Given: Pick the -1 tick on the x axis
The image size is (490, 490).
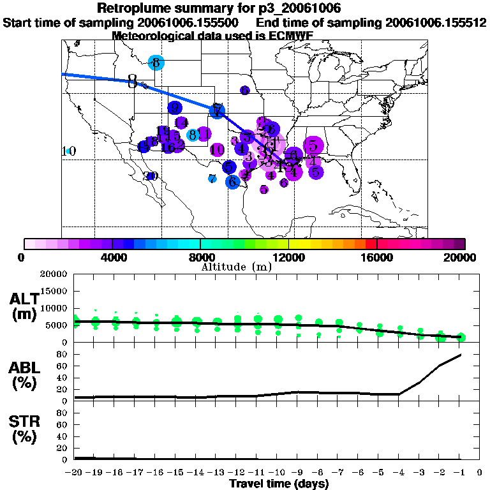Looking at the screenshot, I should [x=460, y=473].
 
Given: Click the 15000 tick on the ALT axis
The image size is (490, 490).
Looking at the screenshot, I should [x=54, y=291].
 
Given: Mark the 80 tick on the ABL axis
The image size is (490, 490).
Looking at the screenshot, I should [x=62, y=354].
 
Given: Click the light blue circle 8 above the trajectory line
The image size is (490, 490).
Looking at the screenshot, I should [x=156, y=63].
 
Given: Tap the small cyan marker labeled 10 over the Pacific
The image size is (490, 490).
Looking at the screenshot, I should [x=68, y=151].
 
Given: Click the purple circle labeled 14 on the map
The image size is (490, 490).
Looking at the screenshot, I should [x=181, y=122].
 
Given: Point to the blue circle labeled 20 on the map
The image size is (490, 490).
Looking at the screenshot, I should [x=152, y=176].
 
